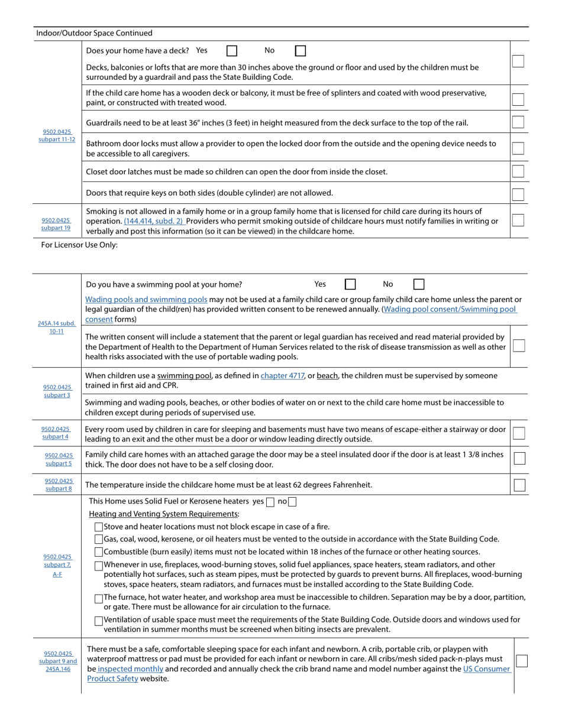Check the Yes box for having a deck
click(232, 51)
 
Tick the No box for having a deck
click(301, 51)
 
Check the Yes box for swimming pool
click(350, 284)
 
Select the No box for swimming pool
click(419, 284)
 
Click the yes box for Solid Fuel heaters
click(270, 502)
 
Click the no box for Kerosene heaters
click(292, 502)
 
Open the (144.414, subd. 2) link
click(154, 221)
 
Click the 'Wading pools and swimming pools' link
click(146, 300)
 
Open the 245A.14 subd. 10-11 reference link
click(57, 327)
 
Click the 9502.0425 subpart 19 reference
click(56, 223)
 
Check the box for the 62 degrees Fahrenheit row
click(519, 485)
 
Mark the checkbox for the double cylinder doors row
click(518, 194)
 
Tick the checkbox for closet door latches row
click(518, 171)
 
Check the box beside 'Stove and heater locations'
click(99, 527)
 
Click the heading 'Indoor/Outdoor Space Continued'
click(94, 33)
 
